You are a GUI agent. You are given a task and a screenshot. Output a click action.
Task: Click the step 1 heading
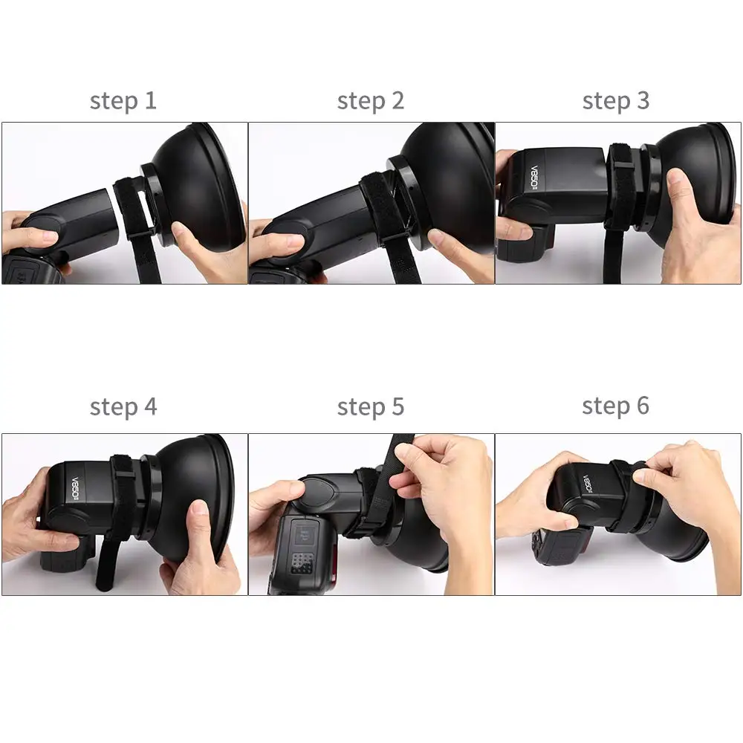123,101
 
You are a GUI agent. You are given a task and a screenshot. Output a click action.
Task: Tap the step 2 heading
371,101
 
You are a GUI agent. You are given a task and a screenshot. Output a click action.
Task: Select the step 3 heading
615,101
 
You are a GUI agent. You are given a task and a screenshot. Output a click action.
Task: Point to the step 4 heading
123,407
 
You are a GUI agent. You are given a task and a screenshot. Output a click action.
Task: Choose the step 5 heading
371,407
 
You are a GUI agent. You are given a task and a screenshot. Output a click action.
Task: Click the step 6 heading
615,406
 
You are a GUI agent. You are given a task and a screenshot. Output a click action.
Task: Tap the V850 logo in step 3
533,178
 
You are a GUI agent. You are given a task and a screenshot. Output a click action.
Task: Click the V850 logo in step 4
75,487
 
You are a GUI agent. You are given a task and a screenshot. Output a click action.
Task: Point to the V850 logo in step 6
588,484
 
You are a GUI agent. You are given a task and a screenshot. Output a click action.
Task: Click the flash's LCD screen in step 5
303,535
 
